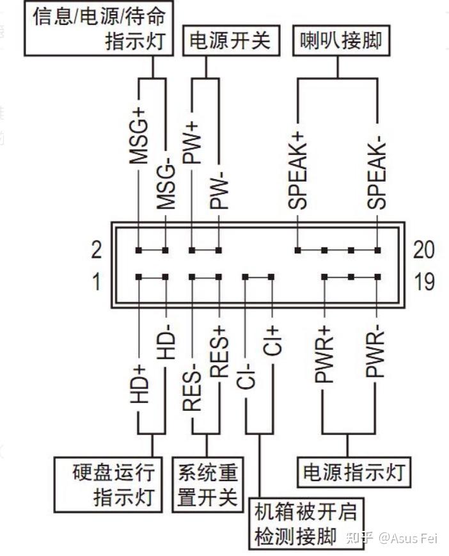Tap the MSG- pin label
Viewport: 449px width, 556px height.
166,185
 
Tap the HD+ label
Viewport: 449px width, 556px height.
139,385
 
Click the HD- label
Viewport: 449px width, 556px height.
166,344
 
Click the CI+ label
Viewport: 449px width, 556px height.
272,341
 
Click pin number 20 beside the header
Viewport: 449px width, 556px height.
424,250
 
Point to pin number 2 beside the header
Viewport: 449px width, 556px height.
97,250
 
